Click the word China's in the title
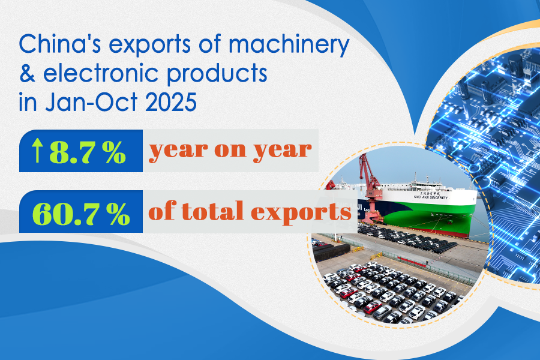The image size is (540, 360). point(59,44)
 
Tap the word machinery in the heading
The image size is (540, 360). point(289,46)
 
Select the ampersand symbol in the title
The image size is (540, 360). point(27,73)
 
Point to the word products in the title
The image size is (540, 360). point(217,74)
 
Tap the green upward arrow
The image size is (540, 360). point(37,150)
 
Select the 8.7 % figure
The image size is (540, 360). point(88,152)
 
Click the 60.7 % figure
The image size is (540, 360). point(81,213)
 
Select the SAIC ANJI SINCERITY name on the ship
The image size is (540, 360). point(431,197)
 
